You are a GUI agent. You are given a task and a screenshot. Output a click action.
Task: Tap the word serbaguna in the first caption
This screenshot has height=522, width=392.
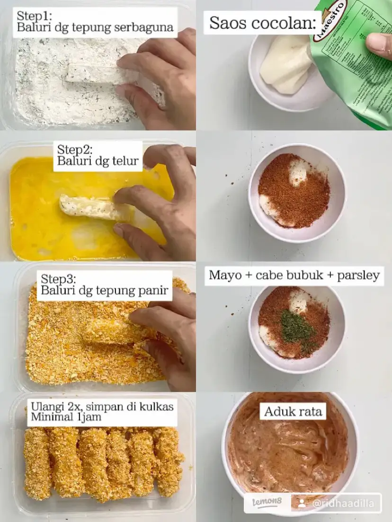pyautogui.click(x=143, y=27)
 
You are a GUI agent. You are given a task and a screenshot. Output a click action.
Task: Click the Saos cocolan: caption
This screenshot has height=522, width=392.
pyautogui.click(x=263, y=23)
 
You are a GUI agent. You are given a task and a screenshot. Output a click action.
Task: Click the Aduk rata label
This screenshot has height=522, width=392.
pyautogui.click(x=294, y=411)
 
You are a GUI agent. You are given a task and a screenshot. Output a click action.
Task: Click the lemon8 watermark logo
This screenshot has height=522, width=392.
pyautogui.click(x=265, y=503)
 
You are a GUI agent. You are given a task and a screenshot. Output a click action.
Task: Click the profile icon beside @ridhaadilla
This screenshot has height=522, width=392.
pyautogui.click(x=302, y=504)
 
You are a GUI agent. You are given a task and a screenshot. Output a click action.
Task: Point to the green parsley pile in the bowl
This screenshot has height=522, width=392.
pyautogui.click(x=295, y=327)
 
